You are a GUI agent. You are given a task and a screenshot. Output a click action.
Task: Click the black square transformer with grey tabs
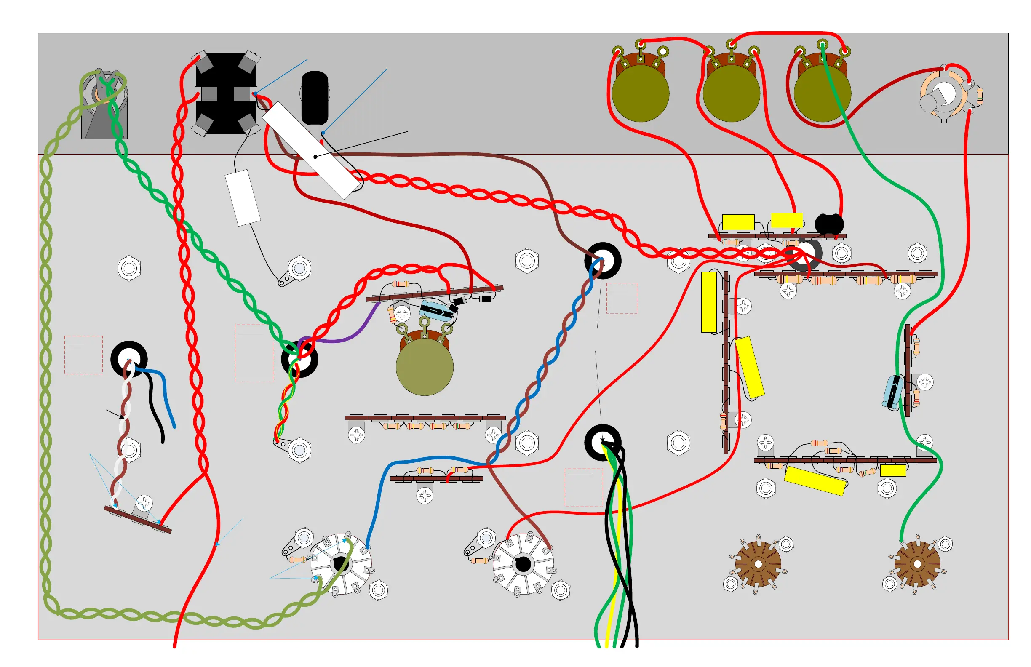225,93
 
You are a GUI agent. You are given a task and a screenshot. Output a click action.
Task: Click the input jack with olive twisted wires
103,93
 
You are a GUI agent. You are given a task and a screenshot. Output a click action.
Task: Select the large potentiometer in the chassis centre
425,366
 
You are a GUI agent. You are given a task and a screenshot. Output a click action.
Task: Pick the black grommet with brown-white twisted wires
128,359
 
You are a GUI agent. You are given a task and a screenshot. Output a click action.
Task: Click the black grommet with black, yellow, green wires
603,442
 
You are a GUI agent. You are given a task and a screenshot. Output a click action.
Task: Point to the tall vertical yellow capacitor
709,302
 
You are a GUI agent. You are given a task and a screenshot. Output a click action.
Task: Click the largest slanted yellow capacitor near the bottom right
815,480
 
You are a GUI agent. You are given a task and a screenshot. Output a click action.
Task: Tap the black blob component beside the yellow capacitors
829,224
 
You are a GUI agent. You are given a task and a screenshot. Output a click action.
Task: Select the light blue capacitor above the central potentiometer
435,310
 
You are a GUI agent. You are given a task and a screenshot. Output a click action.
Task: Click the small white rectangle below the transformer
243,197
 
